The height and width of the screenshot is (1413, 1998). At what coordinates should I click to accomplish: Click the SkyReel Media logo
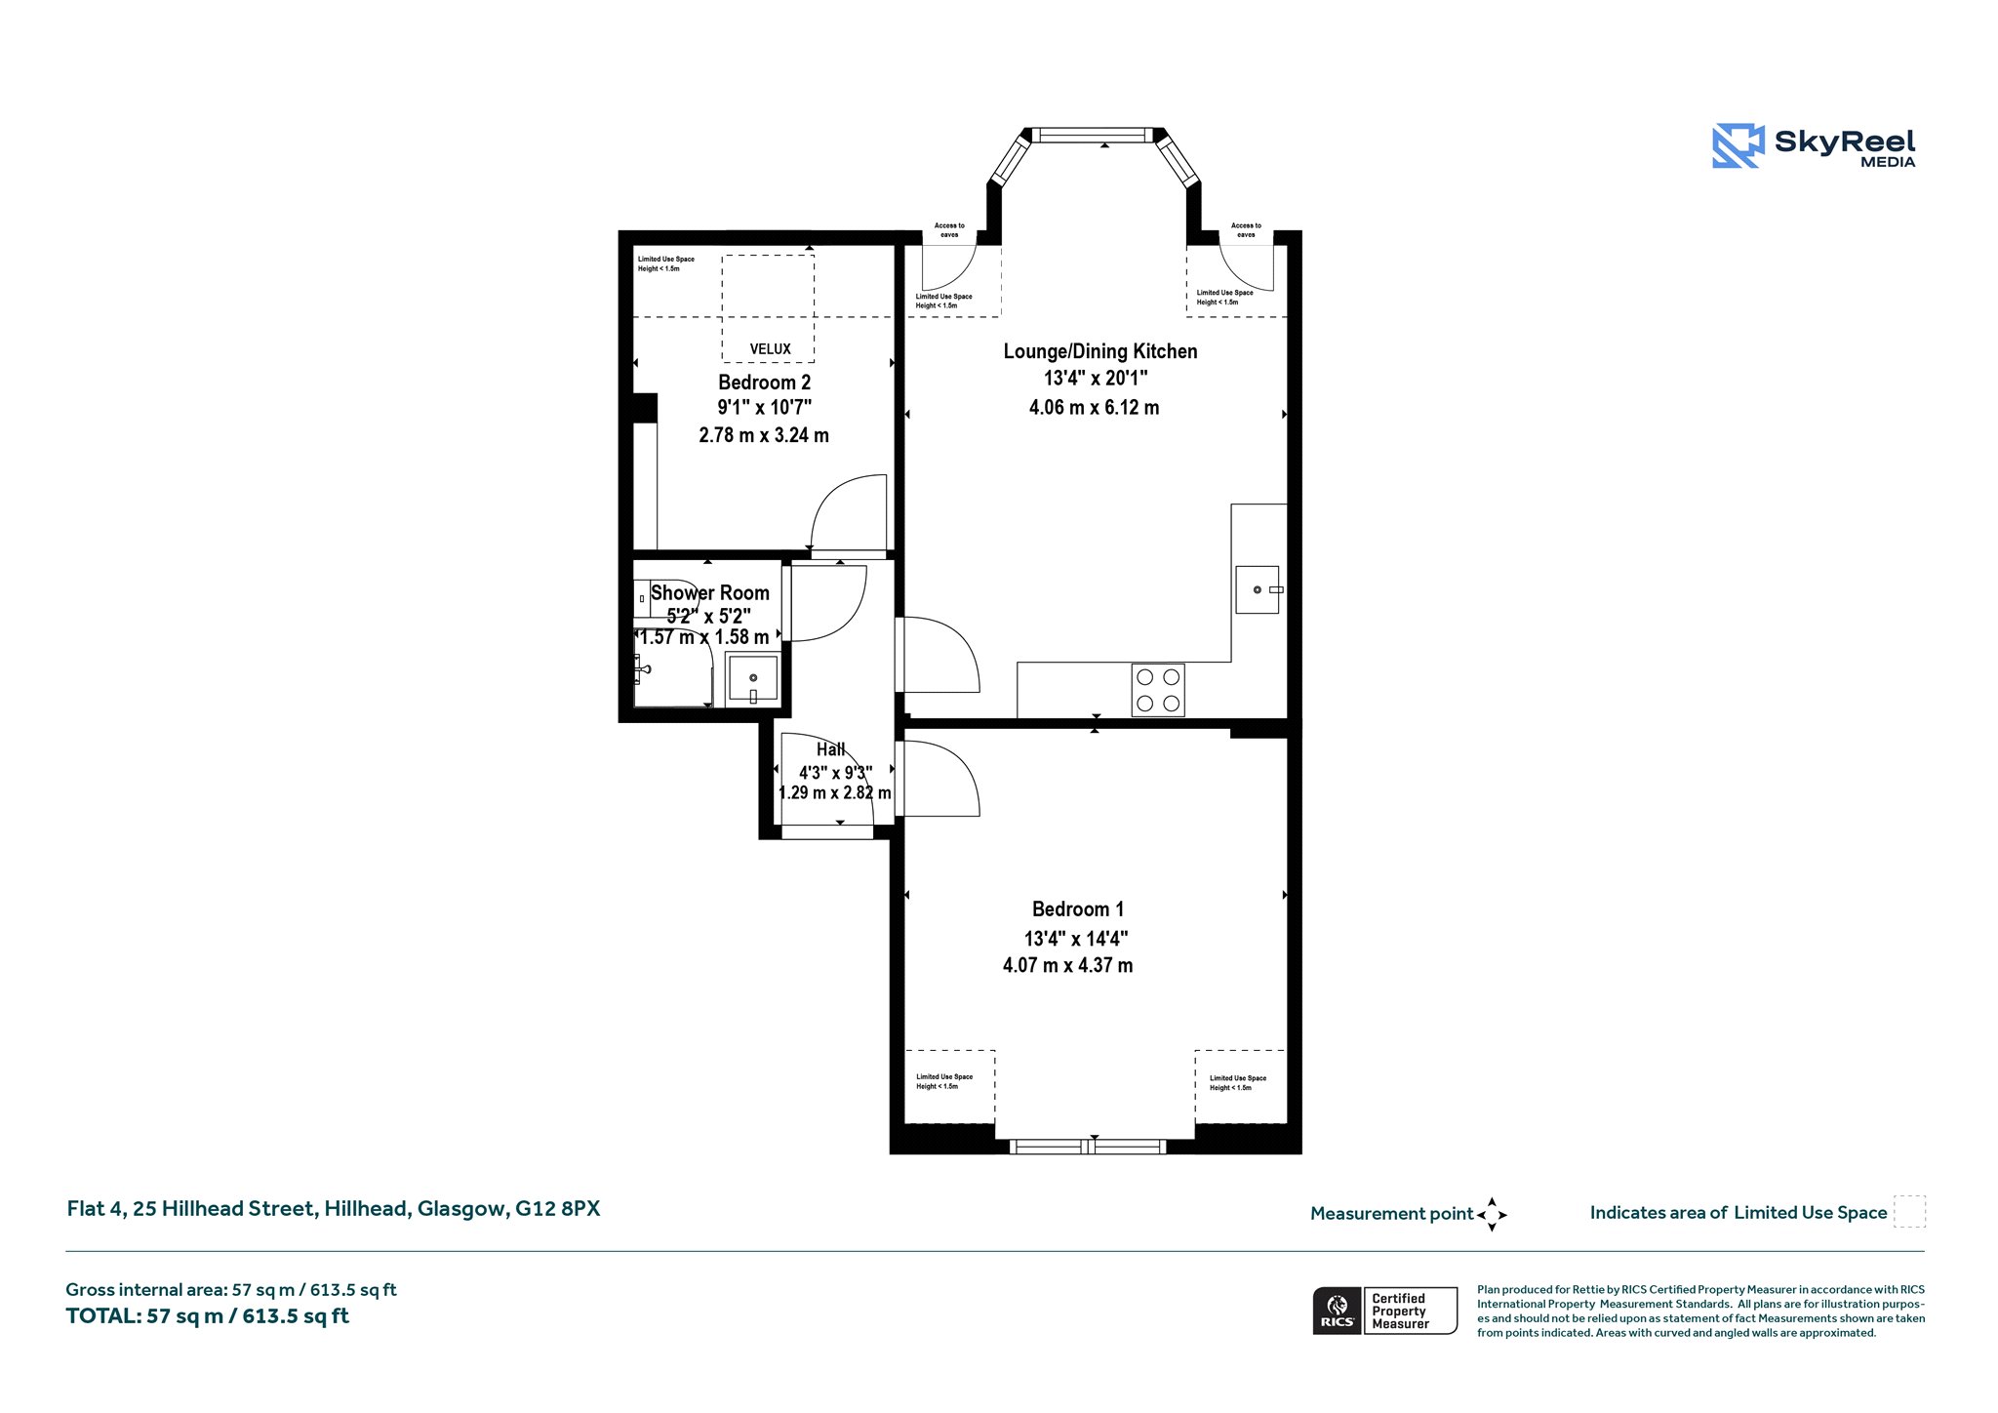1814,146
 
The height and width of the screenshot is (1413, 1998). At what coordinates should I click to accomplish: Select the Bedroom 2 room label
764,383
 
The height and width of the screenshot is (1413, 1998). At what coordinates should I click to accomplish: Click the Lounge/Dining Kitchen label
1100,351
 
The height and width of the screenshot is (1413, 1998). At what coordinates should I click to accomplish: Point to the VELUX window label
770,348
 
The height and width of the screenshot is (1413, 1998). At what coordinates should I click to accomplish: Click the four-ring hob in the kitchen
1158,690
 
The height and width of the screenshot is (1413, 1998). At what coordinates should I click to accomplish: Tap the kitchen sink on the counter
1259,589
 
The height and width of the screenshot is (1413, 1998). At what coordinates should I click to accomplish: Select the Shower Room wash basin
752,677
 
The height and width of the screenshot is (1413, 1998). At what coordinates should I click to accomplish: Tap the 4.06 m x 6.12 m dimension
1094,408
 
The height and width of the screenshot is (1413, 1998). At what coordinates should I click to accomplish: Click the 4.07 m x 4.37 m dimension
1068,966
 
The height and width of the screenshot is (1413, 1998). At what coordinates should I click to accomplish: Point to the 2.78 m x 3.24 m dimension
764,435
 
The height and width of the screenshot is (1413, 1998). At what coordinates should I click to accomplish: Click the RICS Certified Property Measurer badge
1385,1311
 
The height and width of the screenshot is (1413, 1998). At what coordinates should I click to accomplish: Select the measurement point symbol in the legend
1492,1215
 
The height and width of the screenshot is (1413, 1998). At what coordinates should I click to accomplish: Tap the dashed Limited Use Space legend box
1909,1212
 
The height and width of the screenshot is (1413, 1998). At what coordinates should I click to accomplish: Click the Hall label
830,749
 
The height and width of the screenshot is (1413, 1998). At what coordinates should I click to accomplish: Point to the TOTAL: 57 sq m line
207,1316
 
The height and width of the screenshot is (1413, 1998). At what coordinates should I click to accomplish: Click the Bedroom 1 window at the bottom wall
1088,1147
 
